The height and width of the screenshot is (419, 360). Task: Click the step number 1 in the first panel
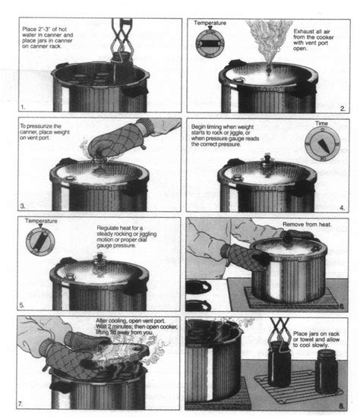[24, 108]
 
